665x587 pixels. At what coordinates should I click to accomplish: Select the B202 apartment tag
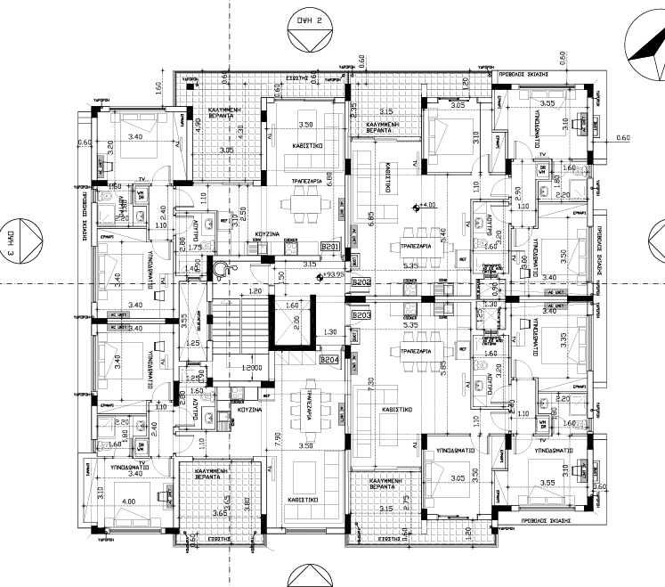pos(361,282)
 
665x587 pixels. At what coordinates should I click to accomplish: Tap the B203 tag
pos(361,315)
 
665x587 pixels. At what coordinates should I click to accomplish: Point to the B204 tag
pos(329,360)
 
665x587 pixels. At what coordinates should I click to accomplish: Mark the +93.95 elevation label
pos(334,275)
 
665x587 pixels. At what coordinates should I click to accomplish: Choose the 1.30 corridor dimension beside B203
pos(329,332)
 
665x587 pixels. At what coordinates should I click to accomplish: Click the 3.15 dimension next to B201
pos(309,264)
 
